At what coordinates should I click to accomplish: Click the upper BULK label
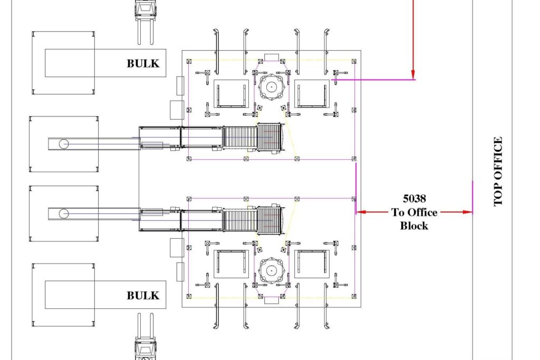(x=142, y=63)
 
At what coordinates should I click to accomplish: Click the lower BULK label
(x=142, y=295)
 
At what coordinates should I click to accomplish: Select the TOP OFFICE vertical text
(x=498, y=172)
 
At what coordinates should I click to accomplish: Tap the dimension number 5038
(x=414, y=199)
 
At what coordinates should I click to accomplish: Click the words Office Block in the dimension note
(x=414, y=219)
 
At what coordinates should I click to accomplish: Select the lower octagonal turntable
(x=272, y=270)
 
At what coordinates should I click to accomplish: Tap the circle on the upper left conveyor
(x=64, y=143)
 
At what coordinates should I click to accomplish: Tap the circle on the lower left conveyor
(x=64, y=213)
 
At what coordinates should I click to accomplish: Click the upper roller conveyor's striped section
(x=239, y=138)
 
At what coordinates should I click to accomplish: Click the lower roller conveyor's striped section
(x=239, y=220)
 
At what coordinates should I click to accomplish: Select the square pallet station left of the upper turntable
(x=231, y=93)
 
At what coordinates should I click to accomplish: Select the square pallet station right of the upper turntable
(x=312, y=93)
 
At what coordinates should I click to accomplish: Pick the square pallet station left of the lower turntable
(x=231, y=264)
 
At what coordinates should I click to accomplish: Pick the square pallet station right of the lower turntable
(x=312, y=264)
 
